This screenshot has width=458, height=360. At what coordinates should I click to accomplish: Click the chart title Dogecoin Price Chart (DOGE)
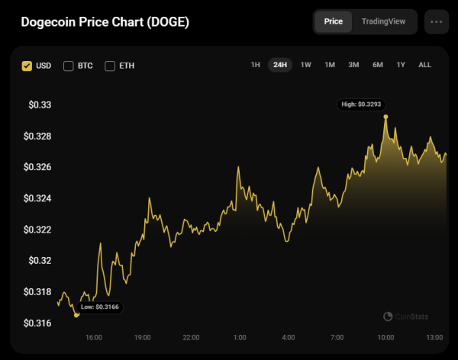click(x=105, y=21)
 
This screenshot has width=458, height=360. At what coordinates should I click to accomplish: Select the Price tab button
click(x=333, y=21)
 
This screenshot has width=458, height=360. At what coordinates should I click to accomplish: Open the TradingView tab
click(x=384, y=21)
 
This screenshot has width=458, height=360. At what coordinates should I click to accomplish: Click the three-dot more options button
click(x=437, y=21)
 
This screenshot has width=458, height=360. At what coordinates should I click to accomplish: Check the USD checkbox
click(x=27, y=66)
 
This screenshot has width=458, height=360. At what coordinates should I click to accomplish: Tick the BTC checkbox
click(x=69, y=66)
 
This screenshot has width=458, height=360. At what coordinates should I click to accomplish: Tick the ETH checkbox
click(x=110, y=66)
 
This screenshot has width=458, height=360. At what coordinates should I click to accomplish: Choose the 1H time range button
click(x=256, y=65)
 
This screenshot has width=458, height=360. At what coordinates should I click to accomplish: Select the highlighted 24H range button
click(x=280, y=65)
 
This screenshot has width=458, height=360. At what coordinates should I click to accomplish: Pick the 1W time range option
click(x=305, y=65)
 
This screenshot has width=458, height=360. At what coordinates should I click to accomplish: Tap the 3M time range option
click(x=353, y=65)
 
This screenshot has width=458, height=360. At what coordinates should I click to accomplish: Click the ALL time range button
click(x=424, y=65)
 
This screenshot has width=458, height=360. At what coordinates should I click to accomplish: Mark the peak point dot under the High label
click(x=386, y=117)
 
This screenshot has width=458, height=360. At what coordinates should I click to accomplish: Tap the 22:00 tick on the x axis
click(x=191, y=337)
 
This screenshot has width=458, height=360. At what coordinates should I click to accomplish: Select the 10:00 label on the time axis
click(x=385, y=337)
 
